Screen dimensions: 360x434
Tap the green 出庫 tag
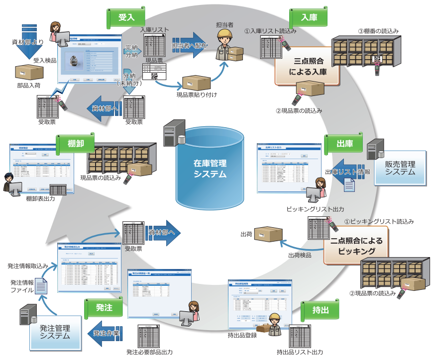click(344, 144)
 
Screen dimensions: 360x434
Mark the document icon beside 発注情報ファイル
click(41, 286)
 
